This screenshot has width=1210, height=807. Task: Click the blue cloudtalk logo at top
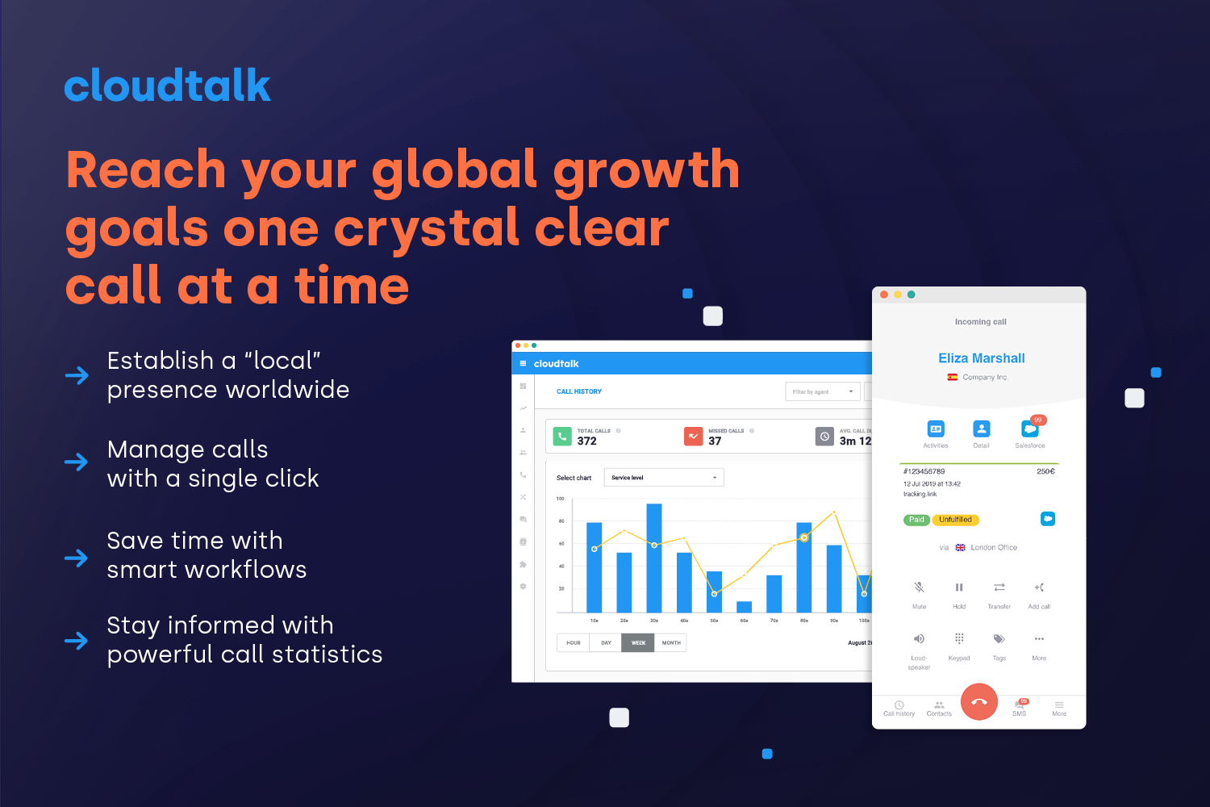coord(167,86)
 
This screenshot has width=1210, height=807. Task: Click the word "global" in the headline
coord(454,171)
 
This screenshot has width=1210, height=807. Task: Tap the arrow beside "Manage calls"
coord(77,462)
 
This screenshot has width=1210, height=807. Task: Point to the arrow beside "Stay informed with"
coord(77,641)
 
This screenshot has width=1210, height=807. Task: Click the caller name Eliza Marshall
coord(981,358)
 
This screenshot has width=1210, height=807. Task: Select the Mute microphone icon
coord(919,587)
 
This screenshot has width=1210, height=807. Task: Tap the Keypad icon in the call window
coord(959,638)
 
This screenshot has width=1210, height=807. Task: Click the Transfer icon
coord(999,587)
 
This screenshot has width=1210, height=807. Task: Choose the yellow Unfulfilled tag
coord(956,520)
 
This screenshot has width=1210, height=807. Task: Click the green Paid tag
coord(916,520)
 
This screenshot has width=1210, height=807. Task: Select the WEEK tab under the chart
coord(638,643)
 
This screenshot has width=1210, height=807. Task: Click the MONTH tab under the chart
coord(671,643)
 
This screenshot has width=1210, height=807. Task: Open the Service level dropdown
coord(664,478)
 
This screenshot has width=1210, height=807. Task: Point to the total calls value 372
coord(587,441)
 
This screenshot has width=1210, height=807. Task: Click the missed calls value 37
coord(715,441)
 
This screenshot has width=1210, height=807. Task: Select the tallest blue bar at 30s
coord(654,557)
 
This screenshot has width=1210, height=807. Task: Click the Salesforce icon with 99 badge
coord(1030,429)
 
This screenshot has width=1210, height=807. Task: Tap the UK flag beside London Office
coord(960,547)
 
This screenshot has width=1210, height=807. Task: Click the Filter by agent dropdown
coord(822,391)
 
